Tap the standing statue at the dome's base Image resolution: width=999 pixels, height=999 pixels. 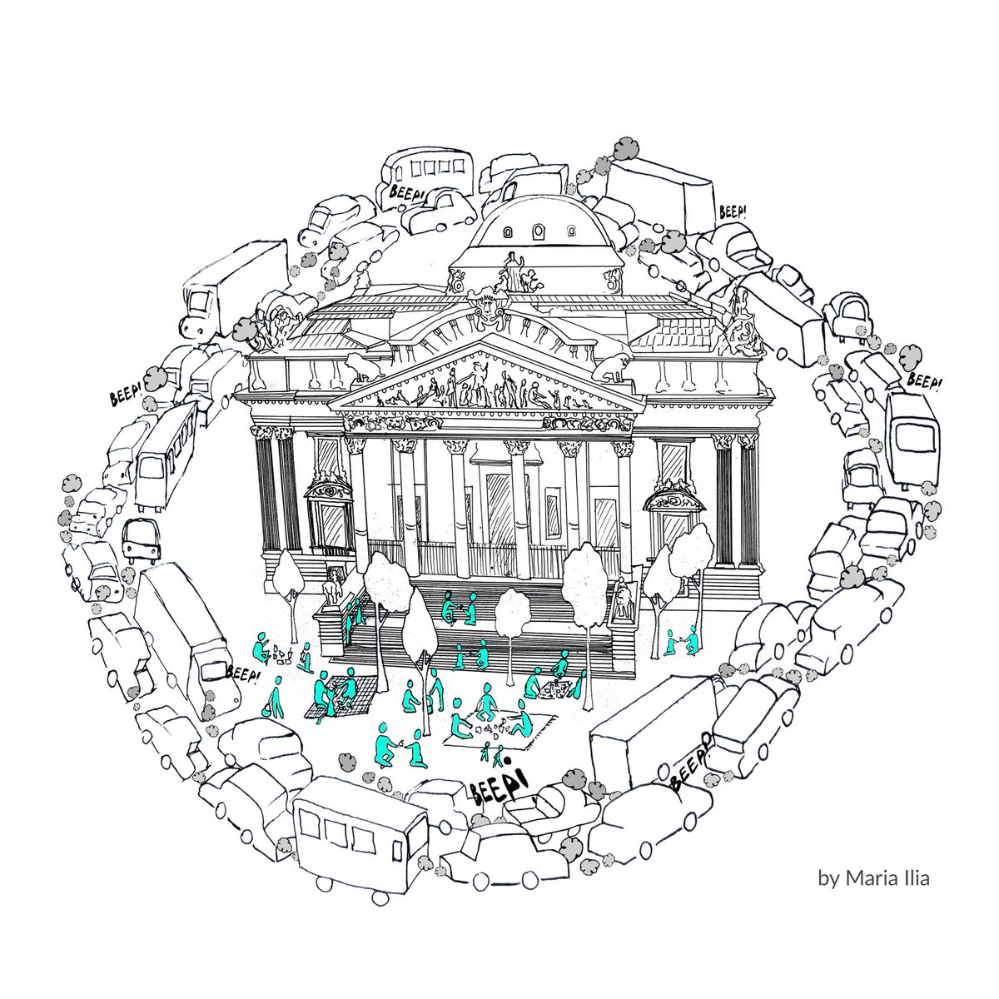[514, 269]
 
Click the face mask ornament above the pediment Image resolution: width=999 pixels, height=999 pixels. [485, 309]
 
